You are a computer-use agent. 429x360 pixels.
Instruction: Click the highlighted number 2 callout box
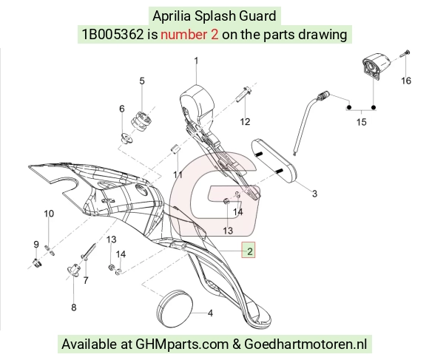tap(248, 250)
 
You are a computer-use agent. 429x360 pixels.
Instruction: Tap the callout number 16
tap(406, 81)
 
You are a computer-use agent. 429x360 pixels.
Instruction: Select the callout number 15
tap(362, 122)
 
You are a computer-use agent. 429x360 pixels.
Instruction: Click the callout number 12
tap(245, 122)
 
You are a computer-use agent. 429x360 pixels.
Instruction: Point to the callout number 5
tap(142, 81)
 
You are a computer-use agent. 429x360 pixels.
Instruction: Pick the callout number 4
tap(210, 313)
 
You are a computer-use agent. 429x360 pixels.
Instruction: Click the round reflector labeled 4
tap(175, 307)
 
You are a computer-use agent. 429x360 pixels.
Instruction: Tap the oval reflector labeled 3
tap(274, 161)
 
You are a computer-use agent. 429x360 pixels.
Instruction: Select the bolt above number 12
tap(243, 94)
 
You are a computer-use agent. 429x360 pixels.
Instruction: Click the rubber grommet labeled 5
tap(141, 121)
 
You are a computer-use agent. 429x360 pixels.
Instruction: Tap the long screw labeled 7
tap(88, 251)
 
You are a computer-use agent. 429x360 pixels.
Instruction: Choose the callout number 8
tap(74, 308)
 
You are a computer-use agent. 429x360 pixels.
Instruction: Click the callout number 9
tap(36, 245)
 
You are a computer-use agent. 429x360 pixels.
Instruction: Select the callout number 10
tap(49, 214)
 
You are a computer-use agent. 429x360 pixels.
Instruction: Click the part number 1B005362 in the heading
tap(112, 35)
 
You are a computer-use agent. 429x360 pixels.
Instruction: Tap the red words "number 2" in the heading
tap(189, 35)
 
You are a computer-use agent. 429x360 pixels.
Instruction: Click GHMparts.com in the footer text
tap(182, 344)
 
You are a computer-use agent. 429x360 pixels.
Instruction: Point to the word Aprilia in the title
tap(172, 16)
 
